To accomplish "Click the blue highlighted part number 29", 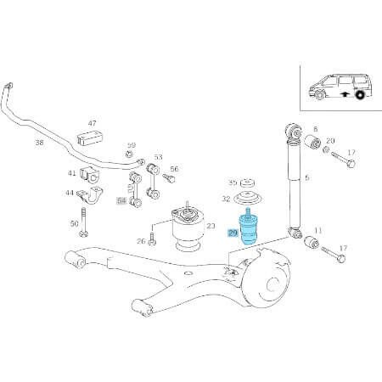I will click(233, 232).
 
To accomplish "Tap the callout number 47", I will click(92, 124).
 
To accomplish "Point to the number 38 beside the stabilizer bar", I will click(39, 143).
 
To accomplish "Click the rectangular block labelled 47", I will click(87, 138).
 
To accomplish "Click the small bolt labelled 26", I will click(151, 241).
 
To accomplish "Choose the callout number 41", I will click(72, 173).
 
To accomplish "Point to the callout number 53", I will click(158, 158).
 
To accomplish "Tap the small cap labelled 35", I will click(247, 183).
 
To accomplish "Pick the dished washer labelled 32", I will click(247, 200).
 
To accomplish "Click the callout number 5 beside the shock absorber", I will click(307, 178).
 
